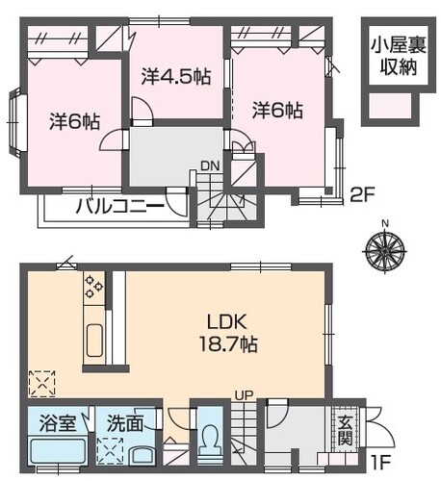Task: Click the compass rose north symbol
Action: click(385, 249)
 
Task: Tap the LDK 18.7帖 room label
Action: click(228, 333)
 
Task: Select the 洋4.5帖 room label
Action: click(176, 77)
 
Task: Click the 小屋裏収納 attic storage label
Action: click(399, 56)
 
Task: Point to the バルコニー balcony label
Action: click(120, 206)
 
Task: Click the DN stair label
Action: click(210, 165)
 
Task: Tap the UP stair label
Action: click(245, 395)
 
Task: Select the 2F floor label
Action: click(362, 194)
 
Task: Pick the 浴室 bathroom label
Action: click(58, 423)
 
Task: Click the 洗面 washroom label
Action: click(125, 423)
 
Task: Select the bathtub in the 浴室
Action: click(58, 452)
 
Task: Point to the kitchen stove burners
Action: click(93, 287)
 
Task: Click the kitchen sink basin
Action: click(94, 341)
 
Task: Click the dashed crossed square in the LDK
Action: click(42, 384)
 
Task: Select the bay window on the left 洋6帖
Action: click(16, 123)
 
